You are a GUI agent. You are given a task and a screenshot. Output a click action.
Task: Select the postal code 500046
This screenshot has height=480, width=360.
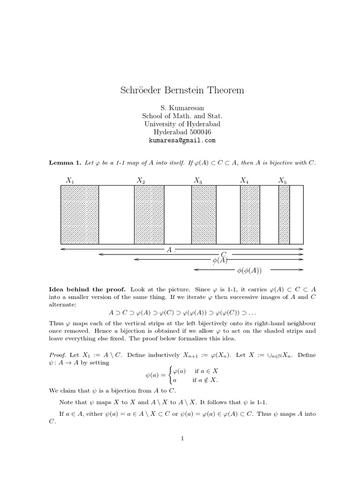(196, 132)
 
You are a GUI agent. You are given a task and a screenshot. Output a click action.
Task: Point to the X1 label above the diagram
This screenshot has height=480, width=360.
(71, 180)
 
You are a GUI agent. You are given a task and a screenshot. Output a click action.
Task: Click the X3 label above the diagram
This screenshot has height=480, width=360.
(198, 180)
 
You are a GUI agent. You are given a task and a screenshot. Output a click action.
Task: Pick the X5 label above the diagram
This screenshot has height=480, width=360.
(283, 180)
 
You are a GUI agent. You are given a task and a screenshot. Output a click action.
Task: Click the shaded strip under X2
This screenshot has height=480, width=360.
(149, 215)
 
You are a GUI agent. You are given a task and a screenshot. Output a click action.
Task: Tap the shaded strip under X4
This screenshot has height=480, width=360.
(250, 215)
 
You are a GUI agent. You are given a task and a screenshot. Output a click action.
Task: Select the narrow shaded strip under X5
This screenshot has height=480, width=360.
(284, 215)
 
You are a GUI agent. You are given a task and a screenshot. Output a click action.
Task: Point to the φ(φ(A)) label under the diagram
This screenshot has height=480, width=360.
(249, 270)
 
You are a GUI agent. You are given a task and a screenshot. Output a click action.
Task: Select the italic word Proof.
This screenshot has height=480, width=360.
(58, 355)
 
